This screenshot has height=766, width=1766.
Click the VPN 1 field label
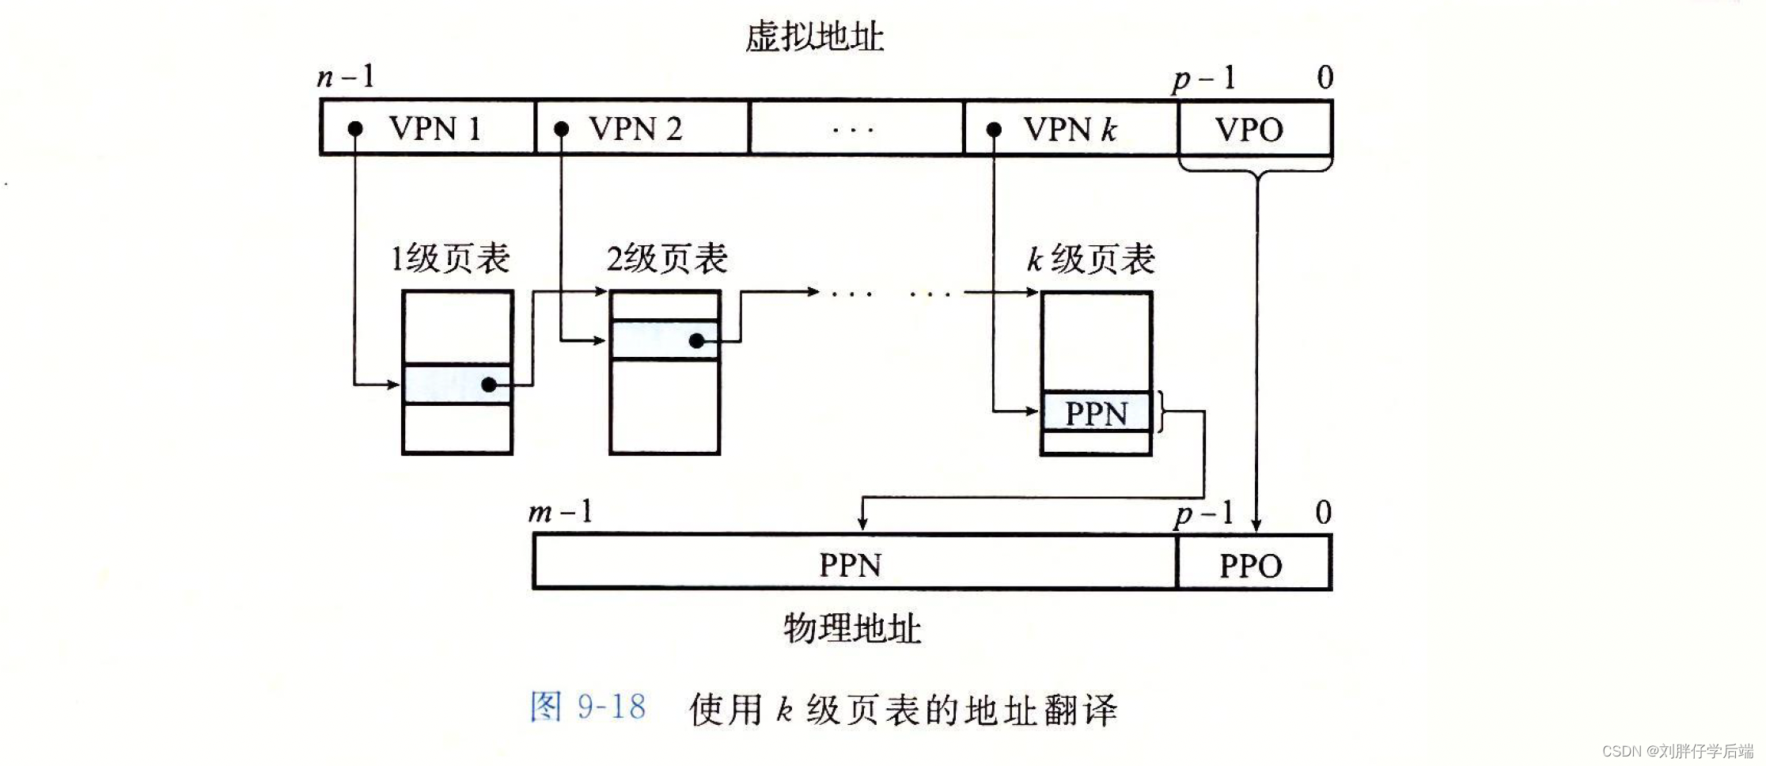coord(434,128)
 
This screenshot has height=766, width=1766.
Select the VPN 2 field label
coord(635,128)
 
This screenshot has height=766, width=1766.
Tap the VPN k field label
coord(1070,128)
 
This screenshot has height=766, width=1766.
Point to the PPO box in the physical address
coord(1250,565)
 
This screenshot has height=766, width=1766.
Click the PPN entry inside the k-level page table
coord(1096,413)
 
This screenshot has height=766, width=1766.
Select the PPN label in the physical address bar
coord(850,564)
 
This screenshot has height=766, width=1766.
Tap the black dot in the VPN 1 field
coord(355,128)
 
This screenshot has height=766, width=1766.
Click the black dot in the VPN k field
coord(994,128)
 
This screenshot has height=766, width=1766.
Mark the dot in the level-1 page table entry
coord(489,385)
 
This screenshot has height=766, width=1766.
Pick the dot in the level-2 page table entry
coord(696,341)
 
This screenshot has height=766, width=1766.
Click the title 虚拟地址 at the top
coord(814,37)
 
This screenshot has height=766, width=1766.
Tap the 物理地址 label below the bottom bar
coord(852,628)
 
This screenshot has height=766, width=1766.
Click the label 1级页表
coord(451,259)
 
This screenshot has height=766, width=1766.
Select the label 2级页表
coord(667,259)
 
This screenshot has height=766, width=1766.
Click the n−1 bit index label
coord(346,77)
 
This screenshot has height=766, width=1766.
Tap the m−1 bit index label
coord(560,512)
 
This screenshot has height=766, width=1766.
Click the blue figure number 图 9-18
coord(587,707)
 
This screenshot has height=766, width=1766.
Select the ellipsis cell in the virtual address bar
coord(855,128)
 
